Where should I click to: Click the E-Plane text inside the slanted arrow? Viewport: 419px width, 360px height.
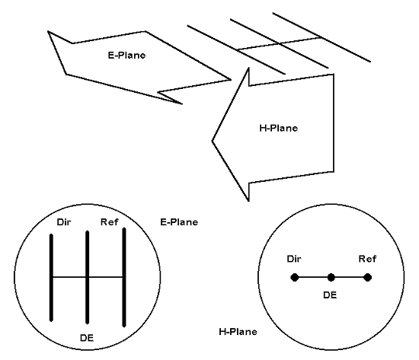(x=126, y=56)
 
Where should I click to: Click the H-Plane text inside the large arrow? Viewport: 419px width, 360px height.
(x=278, y=128)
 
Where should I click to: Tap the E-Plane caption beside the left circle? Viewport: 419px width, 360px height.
(x=179, y=222)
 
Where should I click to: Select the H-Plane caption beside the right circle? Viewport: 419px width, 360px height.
(x=238, y=332)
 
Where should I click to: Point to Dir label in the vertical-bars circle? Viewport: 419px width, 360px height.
(x=64, y=222)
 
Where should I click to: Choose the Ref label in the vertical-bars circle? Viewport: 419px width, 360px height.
(x=109, y=222)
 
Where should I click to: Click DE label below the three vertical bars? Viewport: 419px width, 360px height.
(x=87, y=338)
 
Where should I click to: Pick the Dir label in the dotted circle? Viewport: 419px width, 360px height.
(x=294, y=259)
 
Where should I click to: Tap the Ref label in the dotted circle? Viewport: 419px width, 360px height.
(x=367, y=259)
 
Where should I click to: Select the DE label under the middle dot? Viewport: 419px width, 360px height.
(x=330, y=295)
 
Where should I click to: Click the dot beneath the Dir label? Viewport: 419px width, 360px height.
(x=295, y=278)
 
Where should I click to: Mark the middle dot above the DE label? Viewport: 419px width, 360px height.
(x=331, y=278)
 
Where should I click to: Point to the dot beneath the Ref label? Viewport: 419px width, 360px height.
(x=367, y=278)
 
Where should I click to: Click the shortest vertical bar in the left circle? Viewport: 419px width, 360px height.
(x=51, y=278)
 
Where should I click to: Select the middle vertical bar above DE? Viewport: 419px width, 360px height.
(x=87, y=278)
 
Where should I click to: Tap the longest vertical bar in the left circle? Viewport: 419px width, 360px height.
(x=124, y=277)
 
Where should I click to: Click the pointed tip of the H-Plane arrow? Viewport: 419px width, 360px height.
(x=213, y=141)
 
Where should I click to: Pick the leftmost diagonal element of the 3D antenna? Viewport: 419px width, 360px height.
(x=236, y=49)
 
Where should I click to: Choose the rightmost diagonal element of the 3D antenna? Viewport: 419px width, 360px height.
(x=321, y=37)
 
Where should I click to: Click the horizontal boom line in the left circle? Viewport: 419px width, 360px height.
(x=88, y=277)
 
